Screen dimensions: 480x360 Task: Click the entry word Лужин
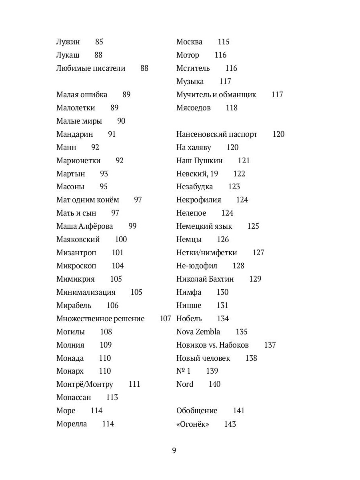point(68,42)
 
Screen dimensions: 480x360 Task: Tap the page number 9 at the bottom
point(174,451)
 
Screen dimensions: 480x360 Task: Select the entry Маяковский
point(78,240)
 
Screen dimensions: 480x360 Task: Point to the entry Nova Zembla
point(198,332)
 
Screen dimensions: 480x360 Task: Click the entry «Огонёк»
point(193,424)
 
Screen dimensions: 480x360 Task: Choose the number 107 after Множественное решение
point(165,319)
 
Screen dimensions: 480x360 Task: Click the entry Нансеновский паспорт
point(217,134)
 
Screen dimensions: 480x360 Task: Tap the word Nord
point(185,384)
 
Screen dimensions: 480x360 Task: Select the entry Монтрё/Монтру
point(85,384)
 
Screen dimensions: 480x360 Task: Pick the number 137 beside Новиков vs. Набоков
point(270,345)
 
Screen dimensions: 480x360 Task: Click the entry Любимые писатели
point(91,68)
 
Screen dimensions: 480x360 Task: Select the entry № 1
point(184,371)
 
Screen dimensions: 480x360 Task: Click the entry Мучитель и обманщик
point(216,95)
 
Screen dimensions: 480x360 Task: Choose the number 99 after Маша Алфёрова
point(132,226)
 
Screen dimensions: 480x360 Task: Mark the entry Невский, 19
point(197,174)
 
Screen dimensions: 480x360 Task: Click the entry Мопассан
point(74,398)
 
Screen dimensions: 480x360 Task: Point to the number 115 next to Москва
point(224,42)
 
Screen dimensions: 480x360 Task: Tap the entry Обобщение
point(197,411)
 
